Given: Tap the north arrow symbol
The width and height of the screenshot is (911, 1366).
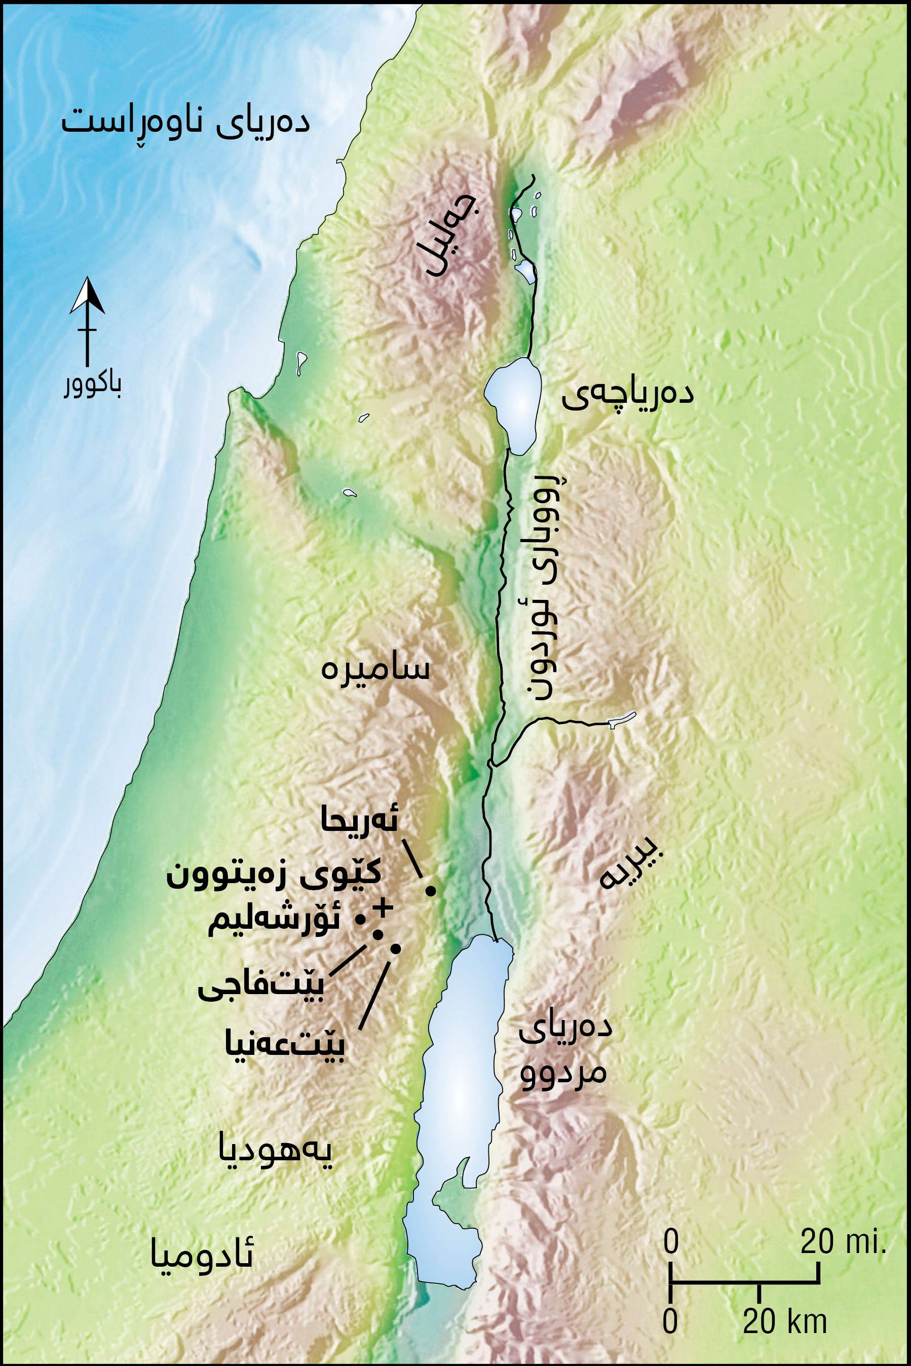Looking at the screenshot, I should pos(87,320).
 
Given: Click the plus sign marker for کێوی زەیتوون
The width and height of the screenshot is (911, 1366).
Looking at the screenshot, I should pos(383,907).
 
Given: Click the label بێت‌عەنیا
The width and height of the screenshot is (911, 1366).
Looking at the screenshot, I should pos(285,1046).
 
